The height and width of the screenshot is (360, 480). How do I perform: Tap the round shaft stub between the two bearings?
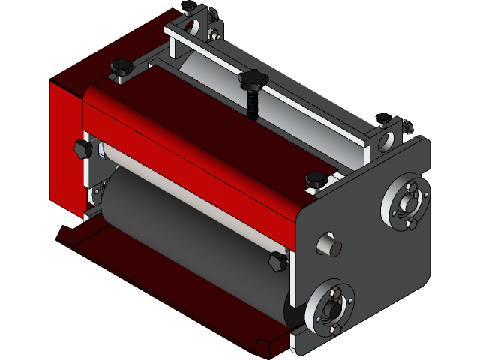328,245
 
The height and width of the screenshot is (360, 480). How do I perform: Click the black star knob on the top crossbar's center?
253,79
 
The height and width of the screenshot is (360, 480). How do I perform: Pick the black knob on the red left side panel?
82,148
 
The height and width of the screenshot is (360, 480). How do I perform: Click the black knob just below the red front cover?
277,260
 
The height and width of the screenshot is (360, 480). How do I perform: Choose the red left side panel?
64,150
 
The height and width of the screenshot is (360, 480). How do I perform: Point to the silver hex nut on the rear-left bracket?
216,34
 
